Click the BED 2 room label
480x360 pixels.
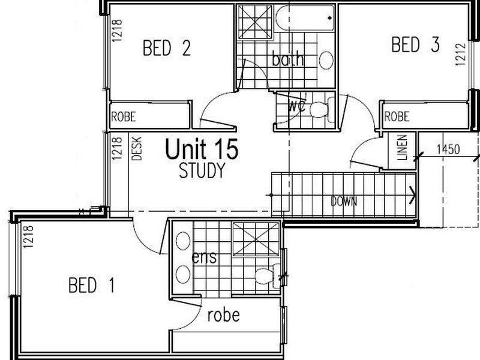166,48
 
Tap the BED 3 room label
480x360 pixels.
416,44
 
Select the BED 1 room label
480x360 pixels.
91,286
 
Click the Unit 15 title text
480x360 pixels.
202,149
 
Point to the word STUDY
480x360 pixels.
202,171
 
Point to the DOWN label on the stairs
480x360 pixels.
344,202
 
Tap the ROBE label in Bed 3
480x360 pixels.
397,117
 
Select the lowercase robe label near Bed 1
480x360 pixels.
224,315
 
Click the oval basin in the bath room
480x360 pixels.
326,60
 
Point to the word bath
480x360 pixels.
287,60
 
